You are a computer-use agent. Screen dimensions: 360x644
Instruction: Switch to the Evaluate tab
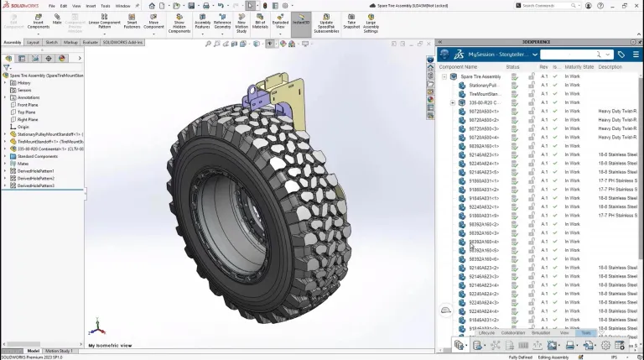tap(90, 42)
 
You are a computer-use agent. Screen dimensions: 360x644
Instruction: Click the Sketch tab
tap(51, 42)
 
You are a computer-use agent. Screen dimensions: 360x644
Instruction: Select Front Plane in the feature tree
tap(28, 105)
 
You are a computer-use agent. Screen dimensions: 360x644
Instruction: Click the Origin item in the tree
tap(23, 127)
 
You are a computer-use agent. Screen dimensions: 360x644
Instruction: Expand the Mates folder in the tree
tap(4, 163)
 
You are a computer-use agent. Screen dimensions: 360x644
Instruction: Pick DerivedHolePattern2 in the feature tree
tap(36, 178)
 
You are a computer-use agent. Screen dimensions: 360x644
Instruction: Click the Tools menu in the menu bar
tap(105, 5)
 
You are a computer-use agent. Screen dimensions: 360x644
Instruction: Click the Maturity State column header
tap(579, 67)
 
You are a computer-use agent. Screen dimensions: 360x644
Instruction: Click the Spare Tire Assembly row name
tap(480, 76)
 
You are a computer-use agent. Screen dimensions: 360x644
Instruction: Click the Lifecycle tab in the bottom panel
tap(486, 333)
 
